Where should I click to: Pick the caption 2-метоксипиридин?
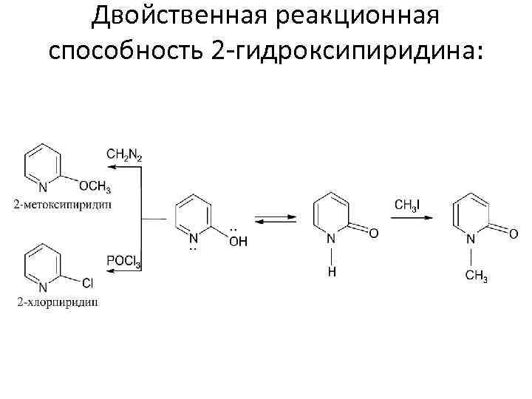pyautogui.click(x=62, y=204)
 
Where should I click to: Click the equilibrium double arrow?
pyautogui.click(x=276, y=219)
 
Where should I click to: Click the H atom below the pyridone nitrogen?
pyautogui.click(x=331, y=272)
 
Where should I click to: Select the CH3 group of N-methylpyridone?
pyautogui.click(x=476, y=277)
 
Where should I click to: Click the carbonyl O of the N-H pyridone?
pyautogui.click(x=374, y=233)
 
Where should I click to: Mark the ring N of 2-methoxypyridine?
pyautogui.click(x=43, y=187)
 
